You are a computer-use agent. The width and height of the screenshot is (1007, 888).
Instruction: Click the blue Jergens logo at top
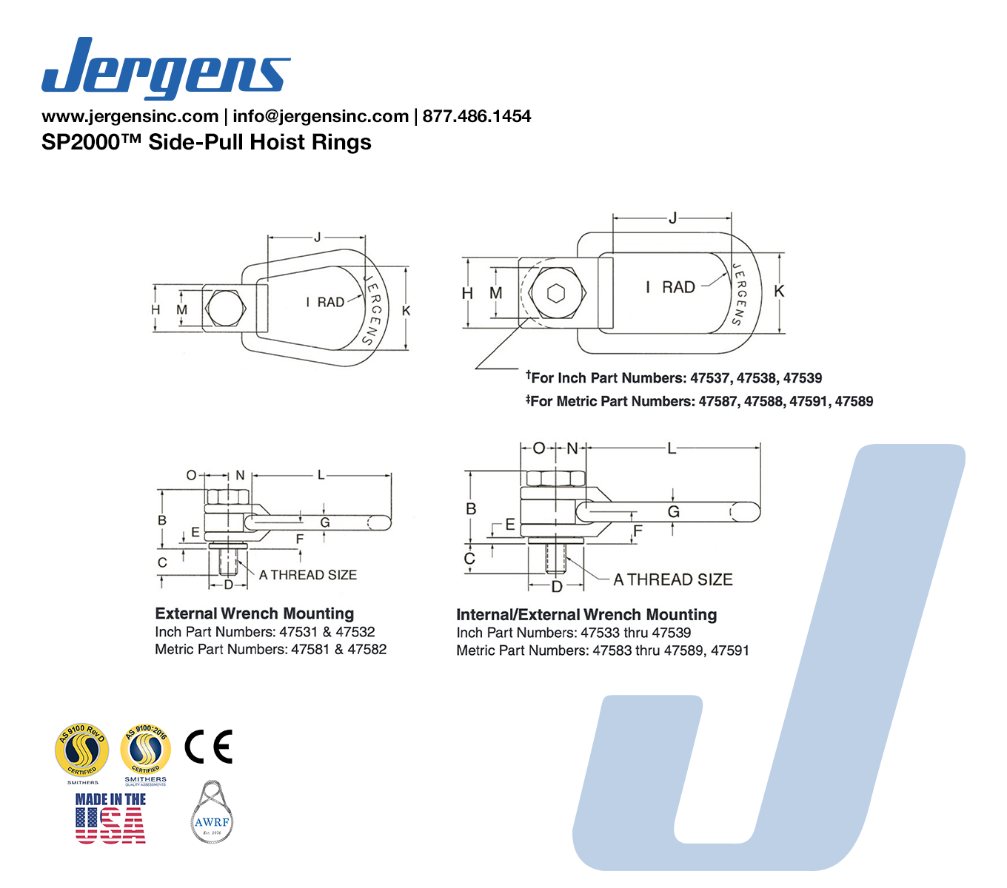click(x=166, y=68)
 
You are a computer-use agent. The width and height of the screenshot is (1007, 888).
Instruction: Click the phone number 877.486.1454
click(x=477, y=116)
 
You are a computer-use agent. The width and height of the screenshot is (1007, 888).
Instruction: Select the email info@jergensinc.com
click(x=321, y=116)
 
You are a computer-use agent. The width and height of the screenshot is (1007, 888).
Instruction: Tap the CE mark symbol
click(x=208, y=746)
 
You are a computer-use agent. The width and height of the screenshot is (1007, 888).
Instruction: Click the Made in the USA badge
click(x=110, y=818)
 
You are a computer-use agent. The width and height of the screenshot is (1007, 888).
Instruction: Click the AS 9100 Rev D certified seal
click(x=82, y=750)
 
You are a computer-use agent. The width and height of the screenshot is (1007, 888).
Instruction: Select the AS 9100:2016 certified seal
click(x=146, y=750)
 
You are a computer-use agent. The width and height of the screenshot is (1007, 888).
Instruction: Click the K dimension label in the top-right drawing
click(x=778, y=292)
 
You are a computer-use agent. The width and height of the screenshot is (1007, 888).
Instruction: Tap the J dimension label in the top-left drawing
click(x=318, y=238)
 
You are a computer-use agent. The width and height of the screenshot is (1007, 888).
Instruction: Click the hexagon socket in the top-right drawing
click(x=557, y=293)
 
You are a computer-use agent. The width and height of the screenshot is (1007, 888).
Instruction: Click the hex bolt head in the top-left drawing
click(x=225, y=309)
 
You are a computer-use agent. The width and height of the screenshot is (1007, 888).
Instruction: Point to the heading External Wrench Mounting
click(x=255, y=613)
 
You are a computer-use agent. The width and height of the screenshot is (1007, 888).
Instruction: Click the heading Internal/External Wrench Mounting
click(x=586, y=615)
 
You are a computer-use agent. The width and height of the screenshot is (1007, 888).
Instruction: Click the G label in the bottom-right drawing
click(x=673, y=511)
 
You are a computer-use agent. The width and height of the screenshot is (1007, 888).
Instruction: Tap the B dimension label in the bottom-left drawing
click(x=162, y=520)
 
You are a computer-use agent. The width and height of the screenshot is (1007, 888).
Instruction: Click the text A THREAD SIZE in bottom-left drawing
click(x=308, y=575)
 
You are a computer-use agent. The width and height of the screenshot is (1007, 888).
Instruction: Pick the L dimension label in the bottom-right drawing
click(x=672, y=448)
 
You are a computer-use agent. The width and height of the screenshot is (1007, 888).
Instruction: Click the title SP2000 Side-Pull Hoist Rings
click(x=207, y=142)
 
